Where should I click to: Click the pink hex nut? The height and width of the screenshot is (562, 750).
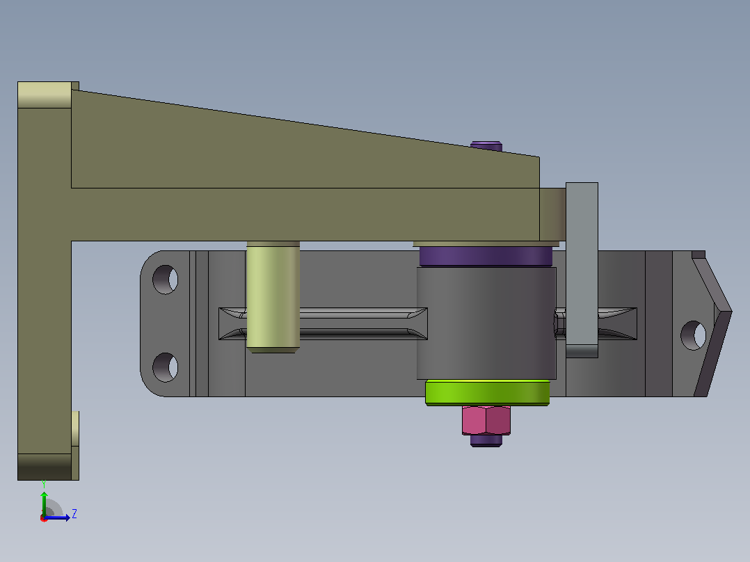tap(486, 420)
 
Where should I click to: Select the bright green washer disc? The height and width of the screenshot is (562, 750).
tap(488, 393)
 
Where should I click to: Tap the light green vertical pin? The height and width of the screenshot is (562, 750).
tap(273, 297)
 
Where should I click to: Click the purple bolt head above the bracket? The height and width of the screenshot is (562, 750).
tap(486, 146)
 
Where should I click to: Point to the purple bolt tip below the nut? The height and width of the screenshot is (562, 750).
tap(486, 440)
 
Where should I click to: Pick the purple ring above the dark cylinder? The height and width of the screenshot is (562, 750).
tap(486, 257)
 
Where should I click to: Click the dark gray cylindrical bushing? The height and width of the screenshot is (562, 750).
tap(486, 323)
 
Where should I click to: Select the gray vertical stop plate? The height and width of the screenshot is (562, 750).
tap(582, 270)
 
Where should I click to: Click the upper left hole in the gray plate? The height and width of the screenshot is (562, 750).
tap(166, 280)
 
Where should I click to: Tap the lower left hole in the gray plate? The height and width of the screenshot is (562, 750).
tap(166, 367)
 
